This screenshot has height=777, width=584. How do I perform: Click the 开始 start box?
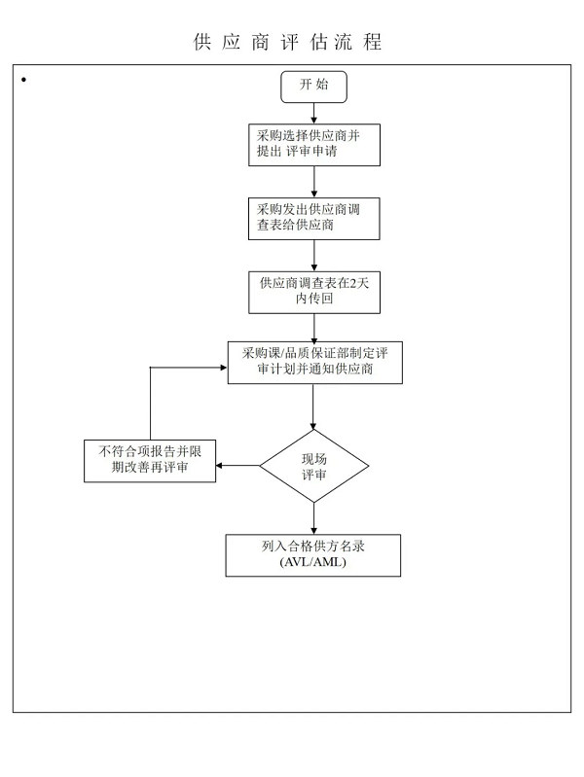point(313,87)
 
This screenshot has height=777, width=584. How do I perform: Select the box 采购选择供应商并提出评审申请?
point(314,145)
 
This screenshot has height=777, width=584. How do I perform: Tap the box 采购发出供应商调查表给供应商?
point(314,219)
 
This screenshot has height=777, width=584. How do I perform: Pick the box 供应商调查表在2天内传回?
point(314,293)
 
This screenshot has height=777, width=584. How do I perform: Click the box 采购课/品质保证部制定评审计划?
point(314,362)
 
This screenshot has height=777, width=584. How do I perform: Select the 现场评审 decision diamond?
point(314,466)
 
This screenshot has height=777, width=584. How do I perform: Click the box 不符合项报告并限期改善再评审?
point(150,461)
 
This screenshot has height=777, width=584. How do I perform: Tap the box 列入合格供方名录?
point(313,555)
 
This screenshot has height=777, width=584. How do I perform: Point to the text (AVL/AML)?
point(313,562)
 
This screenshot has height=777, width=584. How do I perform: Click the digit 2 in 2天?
point(352,283)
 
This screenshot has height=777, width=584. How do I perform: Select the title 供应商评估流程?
point(287,42)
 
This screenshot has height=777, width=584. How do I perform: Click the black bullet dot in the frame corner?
point(23,80)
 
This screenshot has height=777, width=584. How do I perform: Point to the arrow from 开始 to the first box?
point(313,114)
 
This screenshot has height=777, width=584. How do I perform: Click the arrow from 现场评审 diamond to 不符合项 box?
point(237,465)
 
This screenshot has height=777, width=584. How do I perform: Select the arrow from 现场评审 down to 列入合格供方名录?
point(313,518)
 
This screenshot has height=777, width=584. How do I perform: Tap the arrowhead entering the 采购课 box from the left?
point(224,368)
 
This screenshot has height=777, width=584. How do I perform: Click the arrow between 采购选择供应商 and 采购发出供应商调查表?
point(313,182)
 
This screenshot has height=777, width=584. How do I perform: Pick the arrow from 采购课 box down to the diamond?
point(313,406)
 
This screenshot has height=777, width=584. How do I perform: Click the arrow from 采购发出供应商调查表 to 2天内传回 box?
point(313,255)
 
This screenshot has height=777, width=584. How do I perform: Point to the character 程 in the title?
point(372,42)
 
